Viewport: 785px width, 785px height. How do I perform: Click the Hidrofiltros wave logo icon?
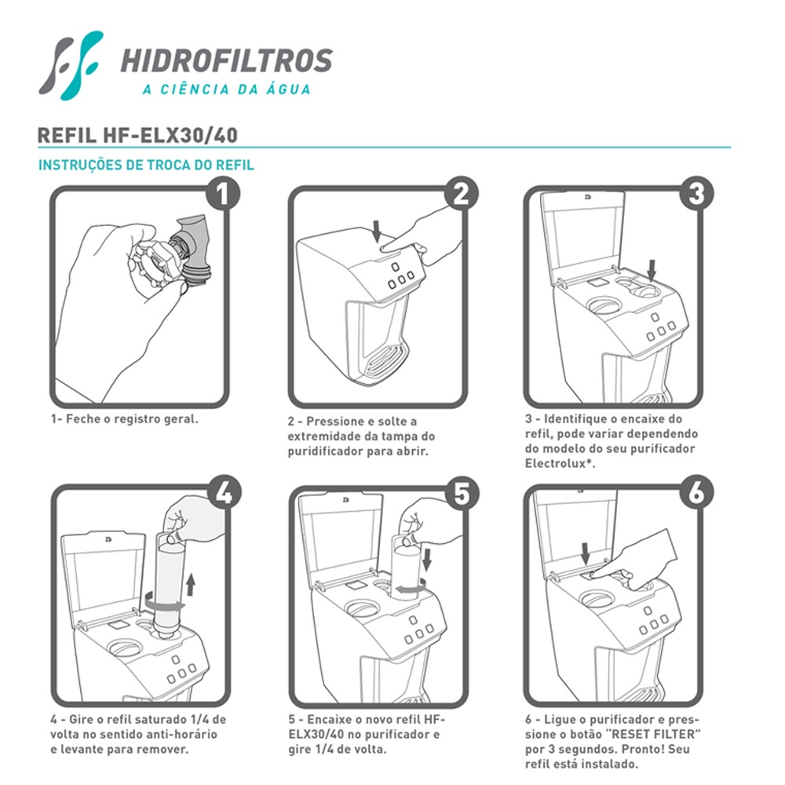[70, 65]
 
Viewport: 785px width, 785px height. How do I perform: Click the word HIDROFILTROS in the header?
[226, 60]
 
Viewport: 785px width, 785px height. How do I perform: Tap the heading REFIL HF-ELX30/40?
[137, 135]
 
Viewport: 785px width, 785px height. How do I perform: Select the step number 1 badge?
[223, 193]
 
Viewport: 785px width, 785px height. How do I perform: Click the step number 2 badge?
[461, 193]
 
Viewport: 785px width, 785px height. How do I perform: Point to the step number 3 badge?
[696, 193]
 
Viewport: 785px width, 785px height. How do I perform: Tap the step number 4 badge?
[224, 493]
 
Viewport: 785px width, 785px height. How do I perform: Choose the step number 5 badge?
[462, 493]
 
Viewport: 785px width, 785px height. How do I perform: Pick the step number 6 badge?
[696, 493]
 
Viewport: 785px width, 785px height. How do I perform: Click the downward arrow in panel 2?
[377, 231]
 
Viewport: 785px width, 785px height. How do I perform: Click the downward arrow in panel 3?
[652, 269]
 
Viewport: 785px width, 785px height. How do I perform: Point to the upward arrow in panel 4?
[190, 585]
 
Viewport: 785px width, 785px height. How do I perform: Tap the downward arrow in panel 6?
[586, 553]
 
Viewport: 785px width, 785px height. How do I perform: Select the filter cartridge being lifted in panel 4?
[169, 586]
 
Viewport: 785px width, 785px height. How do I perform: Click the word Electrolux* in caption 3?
[560, 464]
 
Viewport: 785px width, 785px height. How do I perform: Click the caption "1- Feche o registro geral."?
[125, 419]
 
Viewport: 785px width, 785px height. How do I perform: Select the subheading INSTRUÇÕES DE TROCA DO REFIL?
[146, 165]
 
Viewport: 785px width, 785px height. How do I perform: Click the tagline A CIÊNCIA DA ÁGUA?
[226, 89]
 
